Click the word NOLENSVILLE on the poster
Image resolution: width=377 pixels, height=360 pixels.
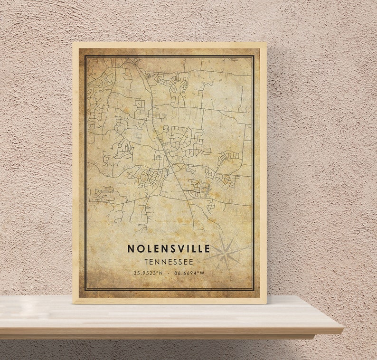click(169, 248)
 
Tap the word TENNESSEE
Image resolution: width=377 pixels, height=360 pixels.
click(169, 262)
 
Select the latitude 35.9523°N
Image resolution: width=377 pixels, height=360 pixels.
click(147, 273)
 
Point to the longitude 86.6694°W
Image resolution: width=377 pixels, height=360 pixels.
click(189, 273)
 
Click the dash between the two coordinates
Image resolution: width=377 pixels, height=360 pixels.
click(169, 273)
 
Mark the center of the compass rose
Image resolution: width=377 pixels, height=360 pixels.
click(225, 253)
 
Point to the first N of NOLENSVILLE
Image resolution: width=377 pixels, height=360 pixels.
click(130, 248)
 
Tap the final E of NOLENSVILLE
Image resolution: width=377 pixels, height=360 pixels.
click(207, 248)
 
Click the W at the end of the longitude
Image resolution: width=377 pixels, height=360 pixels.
click(202, 273)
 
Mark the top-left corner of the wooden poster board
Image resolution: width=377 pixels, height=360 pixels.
click(73, 42)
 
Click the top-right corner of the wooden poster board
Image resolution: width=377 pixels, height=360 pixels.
click(266, 42)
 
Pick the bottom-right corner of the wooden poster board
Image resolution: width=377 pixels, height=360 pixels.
click(266, 303)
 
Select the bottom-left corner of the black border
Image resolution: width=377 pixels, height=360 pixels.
click(85, 290)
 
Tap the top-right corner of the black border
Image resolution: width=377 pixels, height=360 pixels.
click(254, 56)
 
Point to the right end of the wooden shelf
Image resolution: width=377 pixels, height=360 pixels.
click(342, 329)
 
